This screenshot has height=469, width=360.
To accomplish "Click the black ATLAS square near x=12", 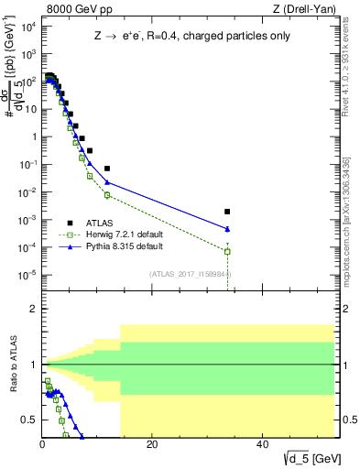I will tap(107, 169).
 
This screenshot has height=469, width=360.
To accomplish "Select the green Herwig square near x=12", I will tap(107, 195).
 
